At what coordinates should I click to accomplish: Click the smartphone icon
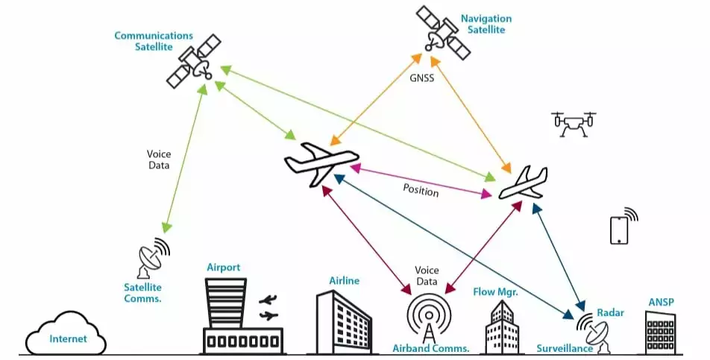[620, 229]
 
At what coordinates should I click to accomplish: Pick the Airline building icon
[344, 321]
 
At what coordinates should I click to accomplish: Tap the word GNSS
[421, 77]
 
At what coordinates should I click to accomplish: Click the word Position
[421, 191]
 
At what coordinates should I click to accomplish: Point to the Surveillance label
[565, 348]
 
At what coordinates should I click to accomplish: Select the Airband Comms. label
[430, 348]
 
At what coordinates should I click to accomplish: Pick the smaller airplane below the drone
[523, 183]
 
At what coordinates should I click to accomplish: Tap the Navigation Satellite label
[486, 24]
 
